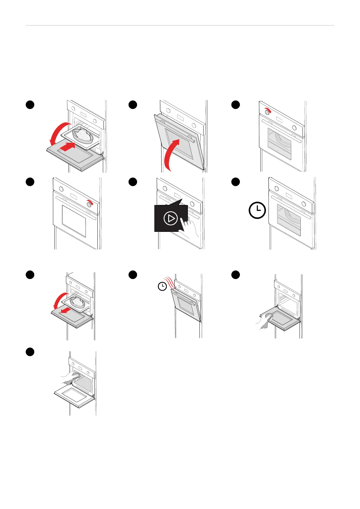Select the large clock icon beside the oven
tap(257, 210)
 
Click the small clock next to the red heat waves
tap(162, 286)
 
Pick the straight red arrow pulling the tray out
tap(66, 310)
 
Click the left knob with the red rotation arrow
tap(267, 112)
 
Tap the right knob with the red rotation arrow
tap(89, 204)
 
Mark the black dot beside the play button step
tap(133, 182)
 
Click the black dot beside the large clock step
tap(236, 182)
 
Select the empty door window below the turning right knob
tap(74, 221)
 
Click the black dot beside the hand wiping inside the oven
tap(30, 352)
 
